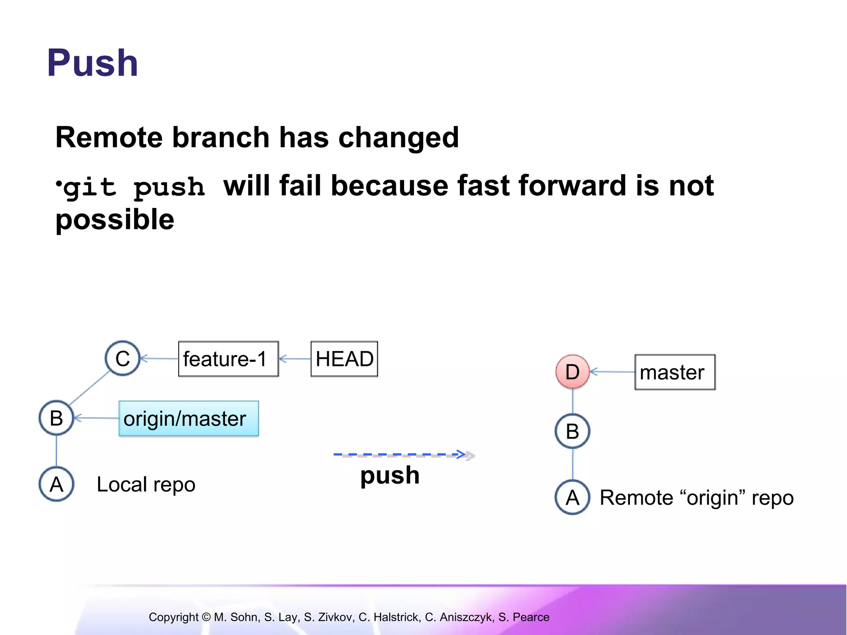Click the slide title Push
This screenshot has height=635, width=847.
pos(92,63)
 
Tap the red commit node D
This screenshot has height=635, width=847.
pos(572,372)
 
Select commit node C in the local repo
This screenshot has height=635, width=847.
pos(122,358)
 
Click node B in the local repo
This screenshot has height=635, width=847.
pos(56,418)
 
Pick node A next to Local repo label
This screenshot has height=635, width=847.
pos(56,484)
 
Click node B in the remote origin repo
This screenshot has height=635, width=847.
pos(572,431)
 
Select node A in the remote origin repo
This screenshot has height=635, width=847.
pos(572,497)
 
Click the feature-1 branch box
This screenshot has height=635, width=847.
pos(228,359)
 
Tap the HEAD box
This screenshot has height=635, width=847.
pos(344,359)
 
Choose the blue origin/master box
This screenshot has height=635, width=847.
pos(189,418)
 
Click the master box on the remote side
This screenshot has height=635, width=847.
pos(675,372)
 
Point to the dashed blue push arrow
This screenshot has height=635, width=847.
pos(401,455)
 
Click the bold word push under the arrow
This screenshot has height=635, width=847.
pos(390,475)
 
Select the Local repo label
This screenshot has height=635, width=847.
pos(146,485)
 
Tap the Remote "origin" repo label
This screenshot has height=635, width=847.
pos(696,498)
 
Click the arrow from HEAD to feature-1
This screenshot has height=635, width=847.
pos(295,359)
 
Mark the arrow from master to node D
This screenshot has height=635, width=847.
pos(612,372)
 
